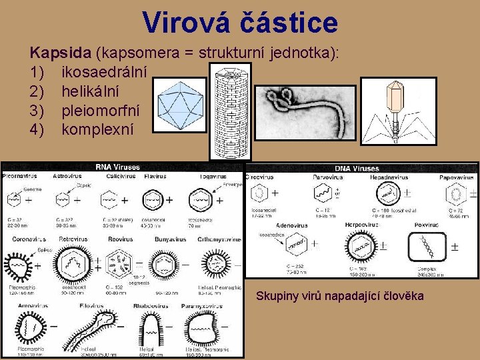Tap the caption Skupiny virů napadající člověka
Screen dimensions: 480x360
point(339,295)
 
